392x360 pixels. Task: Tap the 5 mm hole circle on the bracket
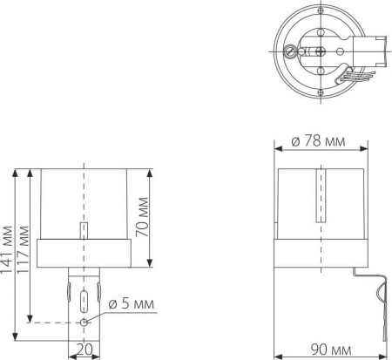click(84, 322)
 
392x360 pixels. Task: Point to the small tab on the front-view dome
click(84, 230)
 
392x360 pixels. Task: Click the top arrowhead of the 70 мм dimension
click(152, 171)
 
